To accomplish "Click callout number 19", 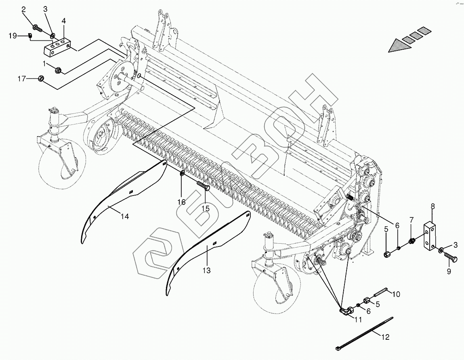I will pos(13,36).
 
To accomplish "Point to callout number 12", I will pos(386,337).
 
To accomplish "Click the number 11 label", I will pos(358,320).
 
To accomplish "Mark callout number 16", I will pos(181,202).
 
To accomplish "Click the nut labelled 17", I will pos(41,78).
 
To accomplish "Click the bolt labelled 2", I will pos(36,28).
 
